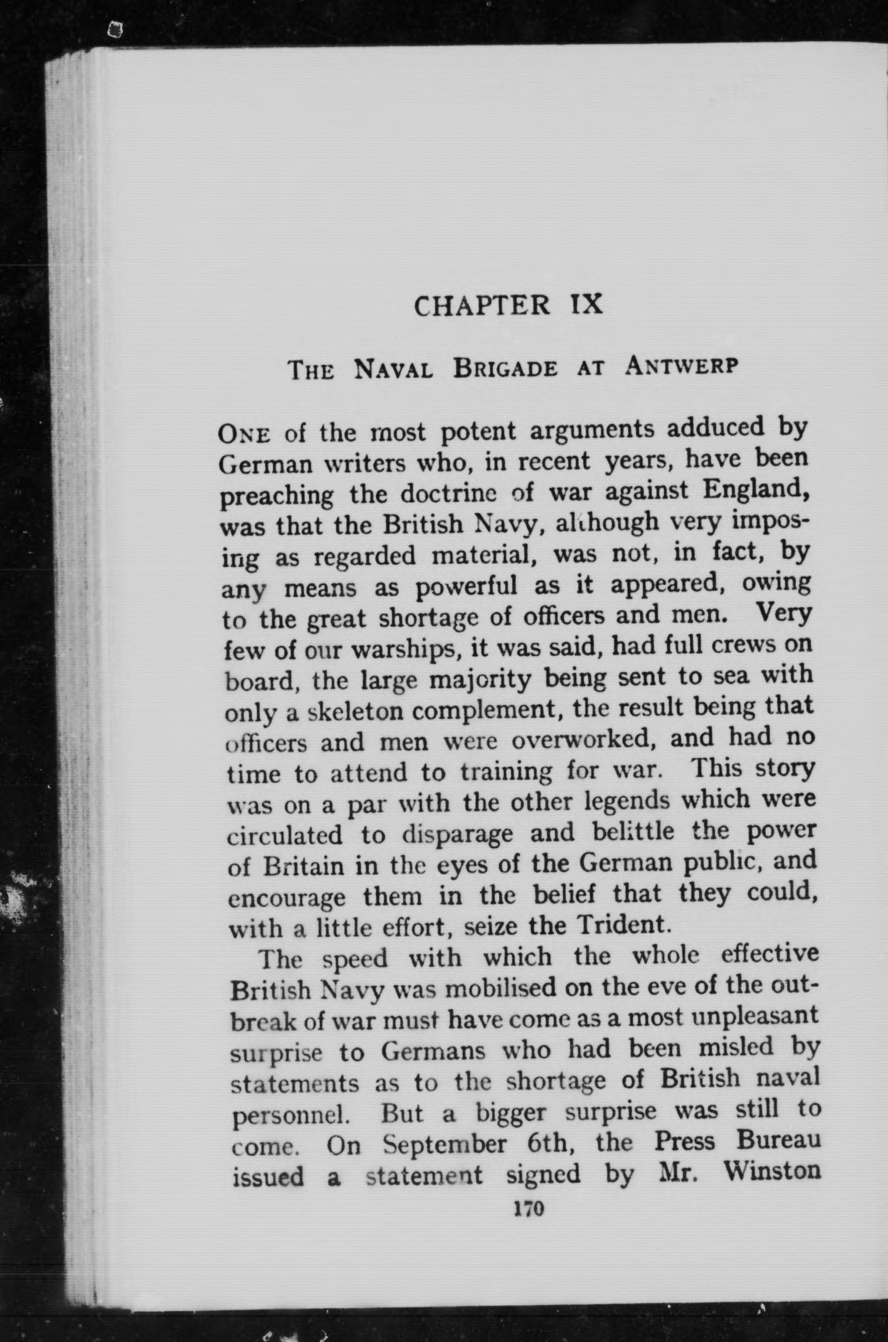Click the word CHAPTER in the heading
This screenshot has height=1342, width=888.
tap(481, 306)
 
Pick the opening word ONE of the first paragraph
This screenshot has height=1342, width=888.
tap(244, 437)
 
